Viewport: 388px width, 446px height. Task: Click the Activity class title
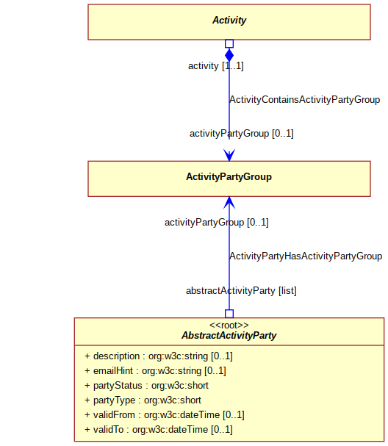(x=229, y=20)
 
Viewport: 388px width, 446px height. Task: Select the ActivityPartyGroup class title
(x=229, y=176)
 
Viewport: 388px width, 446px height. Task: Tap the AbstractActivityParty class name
(x=229, y=335)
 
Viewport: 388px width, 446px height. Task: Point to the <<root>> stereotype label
(x=229, y=325)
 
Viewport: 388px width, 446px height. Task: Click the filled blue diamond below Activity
(x=229, y=55)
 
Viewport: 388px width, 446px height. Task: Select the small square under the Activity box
(x=229, y=43)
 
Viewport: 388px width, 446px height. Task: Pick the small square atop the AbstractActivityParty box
(x=229, y=314)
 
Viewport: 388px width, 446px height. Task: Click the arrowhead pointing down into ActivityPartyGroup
(x=229, y=155)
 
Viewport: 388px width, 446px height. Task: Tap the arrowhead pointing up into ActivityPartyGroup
(x=229, y=203)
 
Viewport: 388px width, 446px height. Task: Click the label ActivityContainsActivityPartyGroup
(x=305, y=100)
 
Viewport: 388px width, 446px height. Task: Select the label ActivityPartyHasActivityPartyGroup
(x=306, y=256)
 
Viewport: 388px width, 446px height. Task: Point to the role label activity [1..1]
(x=216, y=66)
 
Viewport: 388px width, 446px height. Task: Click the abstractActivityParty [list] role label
(x=241, y=291)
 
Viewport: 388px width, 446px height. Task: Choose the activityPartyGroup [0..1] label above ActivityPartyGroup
(x=242, y=134)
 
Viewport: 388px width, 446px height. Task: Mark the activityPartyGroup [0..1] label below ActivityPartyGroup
(x=217, y=222)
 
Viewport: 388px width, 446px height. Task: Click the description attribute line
(x=159, y=356)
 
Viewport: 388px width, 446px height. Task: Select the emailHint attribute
(x=155, y=371)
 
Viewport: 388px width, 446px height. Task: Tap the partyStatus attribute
(x=146, y=386)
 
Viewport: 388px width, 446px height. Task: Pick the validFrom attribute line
(x=165, y=415)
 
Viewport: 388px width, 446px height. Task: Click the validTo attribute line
(x=159, y=430)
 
